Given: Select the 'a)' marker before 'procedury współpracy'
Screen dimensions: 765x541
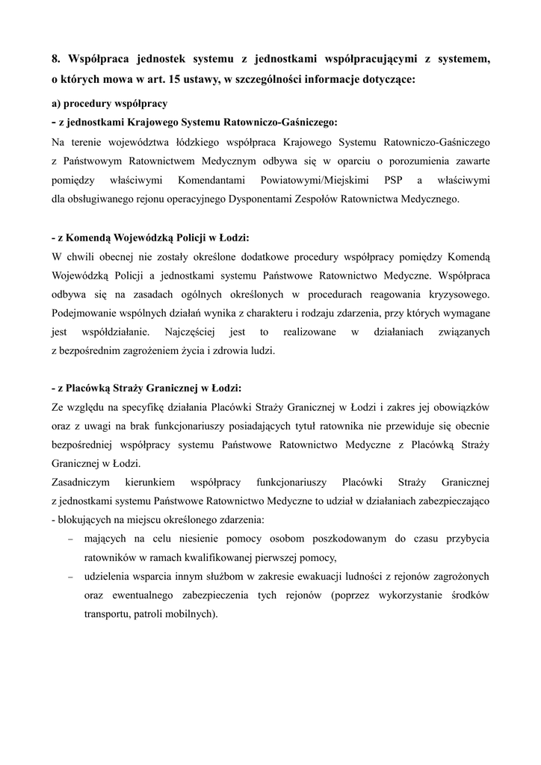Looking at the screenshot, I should pos(56,103).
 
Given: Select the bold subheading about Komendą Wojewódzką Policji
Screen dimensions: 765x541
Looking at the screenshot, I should pos(150,238).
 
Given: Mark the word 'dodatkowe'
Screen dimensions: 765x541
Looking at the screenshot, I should pos(256,258).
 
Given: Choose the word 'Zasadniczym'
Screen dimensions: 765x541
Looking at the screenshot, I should pos(81,482).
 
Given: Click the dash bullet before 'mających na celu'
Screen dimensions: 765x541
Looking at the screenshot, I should pos(70,539).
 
